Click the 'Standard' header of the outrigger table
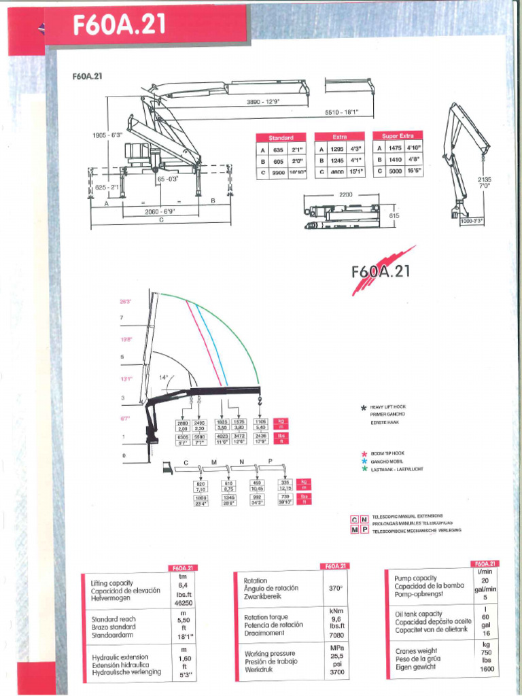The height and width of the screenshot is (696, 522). click(281, 137)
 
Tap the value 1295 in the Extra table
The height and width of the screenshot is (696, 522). click(336, 149)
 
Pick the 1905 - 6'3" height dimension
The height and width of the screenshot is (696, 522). click(107, 135)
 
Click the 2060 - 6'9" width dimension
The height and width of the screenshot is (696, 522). click(160, 211)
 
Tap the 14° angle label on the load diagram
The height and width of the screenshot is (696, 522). click(163, 377)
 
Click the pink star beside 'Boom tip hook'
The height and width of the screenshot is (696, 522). click(364, 452)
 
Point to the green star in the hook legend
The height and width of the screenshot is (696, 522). click(364, 469)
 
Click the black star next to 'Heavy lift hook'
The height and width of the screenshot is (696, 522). click(364, 408)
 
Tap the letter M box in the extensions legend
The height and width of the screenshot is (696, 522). click(354, 529)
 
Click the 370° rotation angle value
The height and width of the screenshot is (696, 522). click(336, 588)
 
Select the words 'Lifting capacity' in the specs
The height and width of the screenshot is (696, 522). click(113, 583)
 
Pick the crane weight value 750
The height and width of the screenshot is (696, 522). click(485, 652)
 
